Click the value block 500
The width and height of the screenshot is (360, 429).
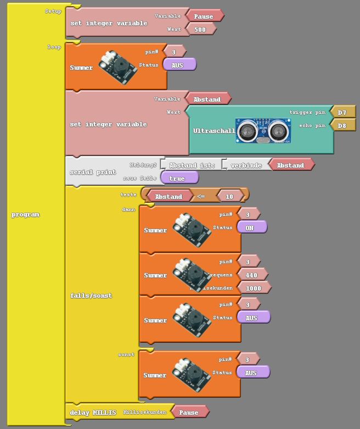[200, 29]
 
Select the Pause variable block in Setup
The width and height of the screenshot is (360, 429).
[204, 16]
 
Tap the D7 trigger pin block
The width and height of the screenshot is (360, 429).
[342, 112]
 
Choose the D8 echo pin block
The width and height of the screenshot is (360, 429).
[342, 125]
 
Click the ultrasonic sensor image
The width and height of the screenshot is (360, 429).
[263, 131]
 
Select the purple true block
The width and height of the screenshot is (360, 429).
[177, 179]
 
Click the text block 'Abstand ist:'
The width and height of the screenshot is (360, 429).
[192, 165]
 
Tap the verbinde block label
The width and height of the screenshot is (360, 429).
[246, 165]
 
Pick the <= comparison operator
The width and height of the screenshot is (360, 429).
[201, 196]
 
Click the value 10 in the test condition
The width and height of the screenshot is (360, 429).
[229, 196]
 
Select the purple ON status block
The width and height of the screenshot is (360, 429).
[249, 227]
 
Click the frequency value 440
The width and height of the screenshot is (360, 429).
[251, 275]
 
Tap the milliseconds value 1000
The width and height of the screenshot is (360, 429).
[254, 288]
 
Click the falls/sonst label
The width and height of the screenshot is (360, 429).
[91, 296]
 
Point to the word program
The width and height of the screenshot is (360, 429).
[26, 214]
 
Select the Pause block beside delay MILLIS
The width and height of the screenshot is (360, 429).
[189, 412]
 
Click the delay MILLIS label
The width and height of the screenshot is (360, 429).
[93, 412]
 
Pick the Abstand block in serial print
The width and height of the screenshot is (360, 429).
[290, 165]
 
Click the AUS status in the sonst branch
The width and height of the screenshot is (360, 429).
[251, 372]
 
